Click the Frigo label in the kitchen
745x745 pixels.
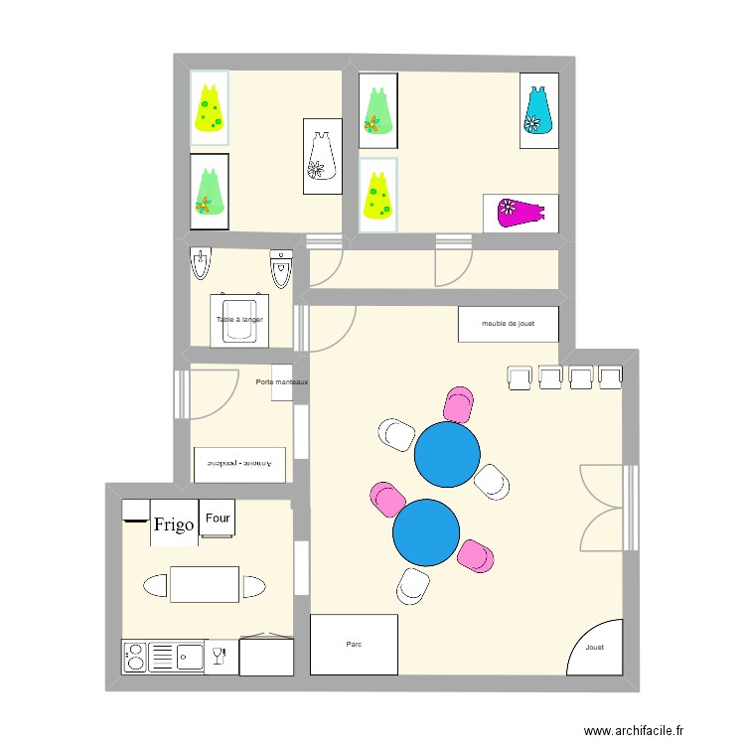tap(173, 523)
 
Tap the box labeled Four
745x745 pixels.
tap(217, 519)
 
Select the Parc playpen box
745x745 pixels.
tap(354, 644)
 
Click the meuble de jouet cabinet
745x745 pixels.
tap(508, 323)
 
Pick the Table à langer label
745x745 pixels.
tap(239, 320)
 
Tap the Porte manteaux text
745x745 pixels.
tap(281, 382)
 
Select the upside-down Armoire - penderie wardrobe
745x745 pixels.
tap(239, 463)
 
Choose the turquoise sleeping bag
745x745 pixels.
tap(537, 110)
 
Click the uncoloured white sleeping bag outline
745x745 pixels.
tap(321, 156)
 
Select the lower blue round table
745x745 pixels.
tap(426, 531)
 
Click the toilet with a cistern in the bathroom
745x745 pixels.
tap(281, 268)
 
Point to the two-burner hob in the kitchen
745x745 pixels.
tap(134, 656)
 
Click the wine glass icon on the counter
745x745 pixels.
tap(219, 656)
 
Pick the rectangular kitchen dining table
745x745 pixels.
tap(205, 584)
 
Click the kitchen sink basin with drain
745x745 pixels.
tap(188, 656)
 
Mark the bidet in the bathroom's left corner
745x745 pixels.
tap(201, 264)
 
